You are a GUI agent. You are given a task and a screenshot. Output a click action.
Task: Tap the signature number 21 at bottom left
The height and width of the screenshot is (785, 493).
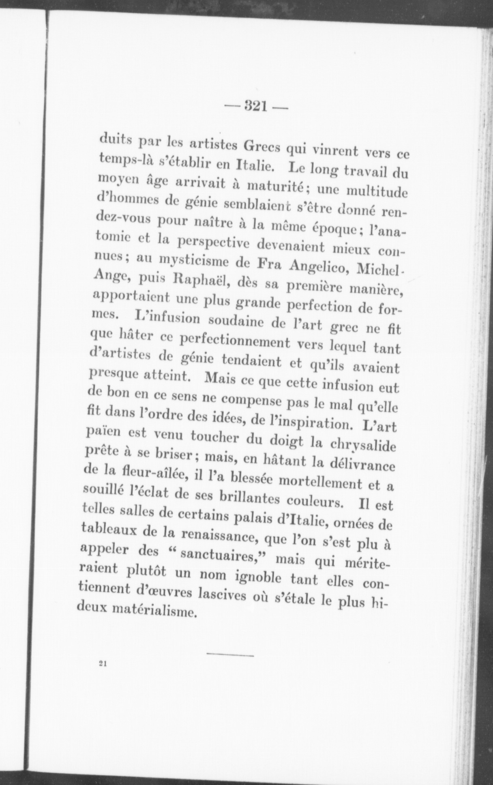pos(102,664)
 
